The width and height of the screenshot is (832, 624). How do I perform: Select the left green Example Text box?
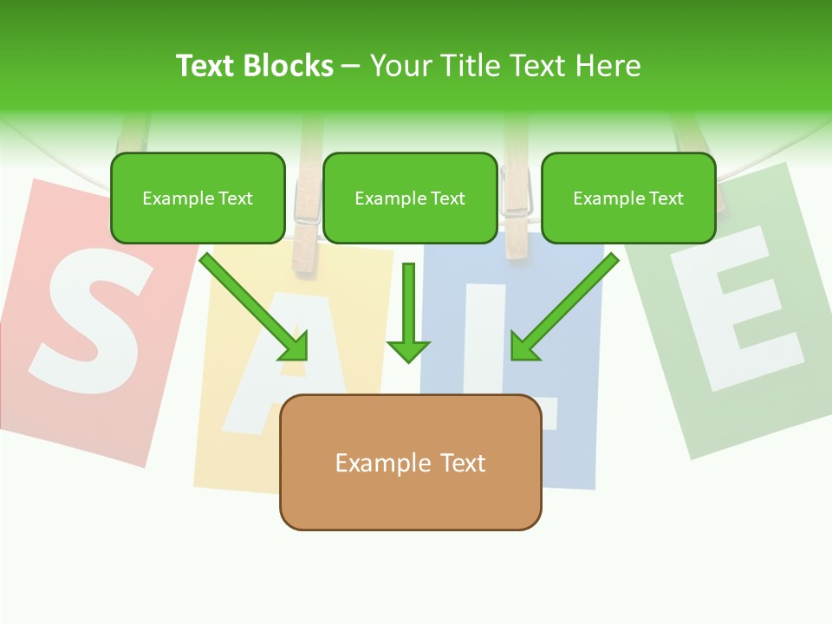click(x=198, y=198)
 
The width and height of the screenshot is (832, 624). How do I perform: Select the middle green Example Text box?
click(x=410, y=198)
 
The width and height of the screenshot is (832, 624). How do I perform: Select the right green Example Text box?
click(x=628, y=198)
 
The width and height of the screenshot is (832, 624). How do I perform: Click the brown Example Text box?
click(x=410, y=463)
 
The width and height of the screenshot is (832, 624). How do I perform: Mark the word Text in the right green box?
click(x=666, y=198)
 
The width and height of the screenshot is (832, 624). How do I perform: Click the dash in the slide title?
click(x=351, y=66)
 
